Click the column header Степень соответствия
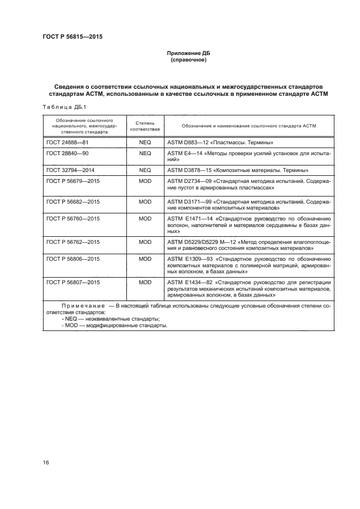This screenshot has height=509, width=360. pyautogui.click(x=145, y=126)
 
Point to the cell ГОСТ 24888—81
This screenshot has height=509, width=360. pyautogui.click(x=68, y=142)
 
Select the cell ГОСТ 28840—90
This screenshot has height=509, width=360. pyautogui.click(x=68, y=154)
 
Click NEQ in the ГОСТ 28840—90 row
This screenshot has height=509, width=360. pyautogui.click(x=145, y=154)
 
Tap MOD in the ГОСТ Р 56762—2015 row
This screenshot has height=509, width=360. pyautogui.click(x=145, y=242)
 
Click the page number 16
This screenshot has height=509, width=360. pyautogui.click(x=46, y=463)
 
